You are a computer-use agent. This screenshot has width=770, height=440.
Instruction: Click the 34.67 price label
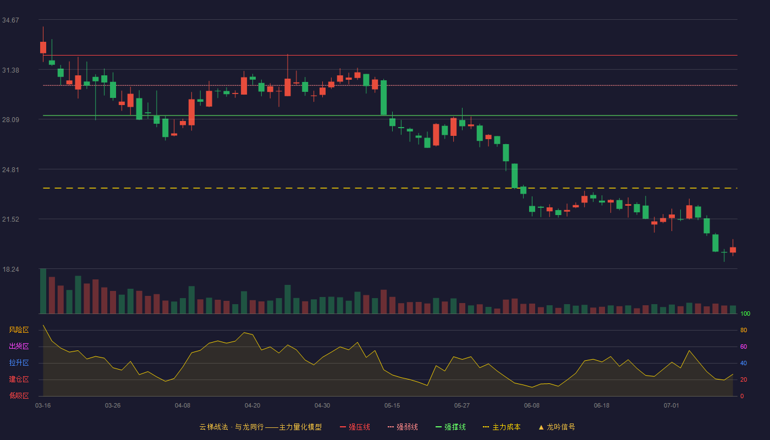10,20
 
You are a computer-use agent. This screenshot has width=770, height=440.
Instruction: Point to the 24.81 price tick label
10,170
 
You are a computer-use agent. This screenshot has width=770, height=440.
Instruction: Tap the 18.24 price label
10,269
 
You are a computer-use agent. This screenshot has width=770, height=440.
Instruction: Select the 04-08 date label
183,406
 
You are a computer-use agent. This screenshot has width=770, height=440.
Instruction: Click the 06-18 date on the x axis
602,406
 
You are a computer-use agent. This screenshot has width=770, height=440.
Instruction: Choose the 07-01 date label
672,406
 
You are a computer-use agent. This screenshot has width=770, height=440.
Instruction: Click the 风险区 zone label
19,330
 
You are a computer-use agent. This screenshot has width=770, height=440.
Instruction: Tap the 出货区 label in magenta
19,346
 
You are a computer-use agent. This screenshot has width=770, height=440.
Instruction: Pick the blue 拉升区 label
19,362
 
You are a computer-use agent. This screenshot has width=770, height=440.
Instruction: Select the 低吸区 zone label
19,396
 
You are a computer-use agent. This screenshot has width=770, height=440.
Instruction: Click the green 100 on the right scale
745,313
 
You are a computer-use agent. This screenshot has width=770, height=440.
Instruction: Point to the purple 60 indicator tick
744,346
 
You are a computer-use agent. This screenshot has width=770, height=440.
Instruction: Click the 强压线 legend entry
355,427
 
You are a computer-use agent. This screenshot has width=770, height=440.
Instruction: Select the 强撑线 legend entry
450,427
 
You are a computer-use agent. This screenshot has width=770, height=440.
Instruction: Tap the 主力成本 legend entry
502,427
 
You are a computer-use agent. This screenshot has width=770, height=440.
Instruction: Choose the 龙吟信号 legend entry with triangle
557,427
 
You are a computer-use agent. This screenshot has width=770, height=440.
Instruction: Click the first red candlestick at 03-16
43,47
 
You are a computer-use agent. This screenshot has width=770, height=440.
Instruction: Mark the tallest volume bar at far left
43,291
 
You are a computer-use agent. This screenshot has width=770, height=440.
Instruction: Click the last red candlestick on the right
733,250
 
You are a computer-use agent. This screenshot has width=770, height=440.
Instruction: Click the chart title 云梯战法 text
213,427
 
